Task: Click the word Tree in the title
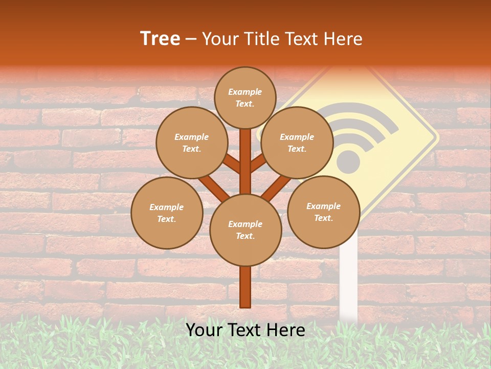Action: tap(160, 38)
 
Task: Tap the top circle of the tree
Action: tap(245, 97)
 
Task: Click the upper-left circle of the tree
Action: tap(191, 142)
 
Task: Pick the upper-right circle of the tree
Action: tap(297, 142)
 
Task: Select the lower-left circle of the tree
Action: tap(166, 213)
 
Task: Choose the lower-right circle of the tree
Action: tap(323, 212)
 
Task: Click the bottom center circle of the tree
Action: tap(245, 230)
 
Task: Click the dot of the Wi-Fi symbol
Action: tap(348, 163)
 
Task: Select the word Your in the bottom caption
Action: tap(205, 330)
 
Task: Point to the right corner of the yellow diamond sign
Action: tap(436, 137)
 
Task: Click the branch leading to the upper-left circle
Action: tap(231, 163)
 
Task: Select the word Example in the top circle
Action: tap(245, 92)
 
